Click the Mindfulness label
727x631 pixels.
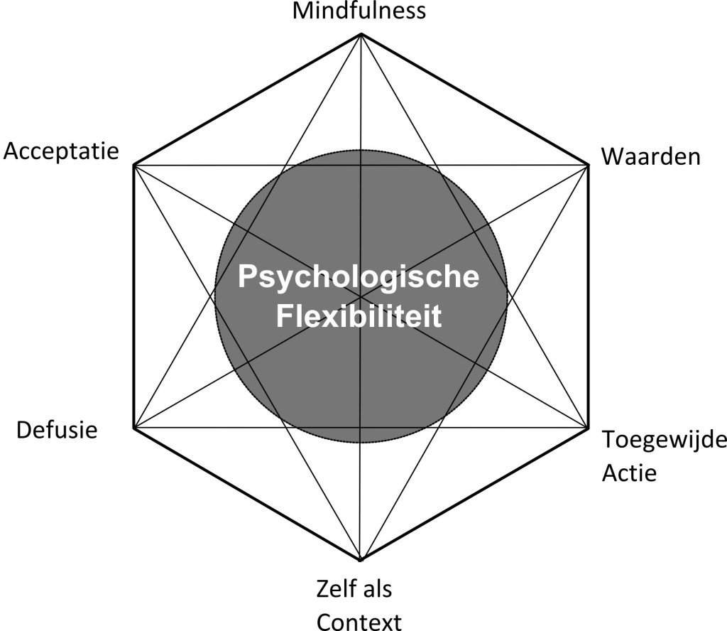360,11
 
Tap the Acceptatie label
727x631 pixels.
60,151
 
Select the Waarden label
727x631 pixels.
651,156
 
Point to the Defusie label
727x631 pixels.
57,429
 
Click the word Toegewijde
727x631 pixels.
664,441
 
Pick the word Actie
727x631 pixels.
629,472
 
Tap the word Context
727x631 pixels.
359,621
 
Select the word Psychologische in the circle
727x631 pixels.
359,276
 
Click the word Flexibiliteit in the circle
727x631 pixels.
359,315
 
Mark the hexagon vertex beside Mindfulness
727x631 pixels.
361,34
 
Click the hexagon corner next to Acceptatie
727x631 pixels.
134,166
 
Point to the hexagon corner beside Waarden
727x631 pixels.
589,166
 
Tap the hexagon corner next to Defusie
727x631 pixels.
134,428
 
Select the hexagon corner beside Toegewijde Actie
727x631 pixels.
589,428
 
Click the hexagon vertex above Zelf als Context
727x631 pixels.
361,560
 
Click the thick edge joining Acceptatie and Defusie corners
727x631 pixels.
134,297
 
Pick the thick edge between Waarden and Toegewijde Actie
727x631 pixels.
589,297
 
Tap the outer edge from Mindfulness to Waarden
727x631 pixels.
475,99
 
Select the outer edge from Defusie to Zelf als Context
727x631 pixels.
248,495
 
